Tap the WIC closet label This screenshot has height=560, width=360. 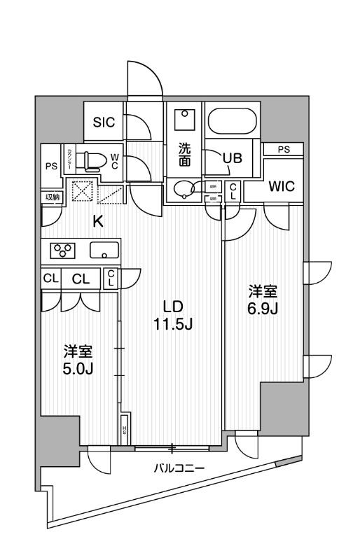click(x=284, y=187)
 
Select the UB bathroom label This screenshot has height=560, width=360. click(x=232, y=158)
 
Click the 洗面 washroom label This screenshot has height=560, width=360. click(x=184, y=154)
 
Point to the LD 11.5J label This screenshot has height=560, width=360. click(x=173, y=315)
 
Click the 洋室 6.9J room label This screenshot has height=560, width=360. click(x=263, y=300)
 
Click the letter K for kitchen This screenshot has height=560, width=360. click(x=99, y=222)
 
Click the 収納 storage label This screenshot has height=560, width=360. click(x=53, y=197)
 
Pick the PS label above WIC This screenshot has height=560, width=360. click(x=283, y=149)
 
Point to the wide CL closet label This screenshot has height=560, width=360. click(x=81, y=279)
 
